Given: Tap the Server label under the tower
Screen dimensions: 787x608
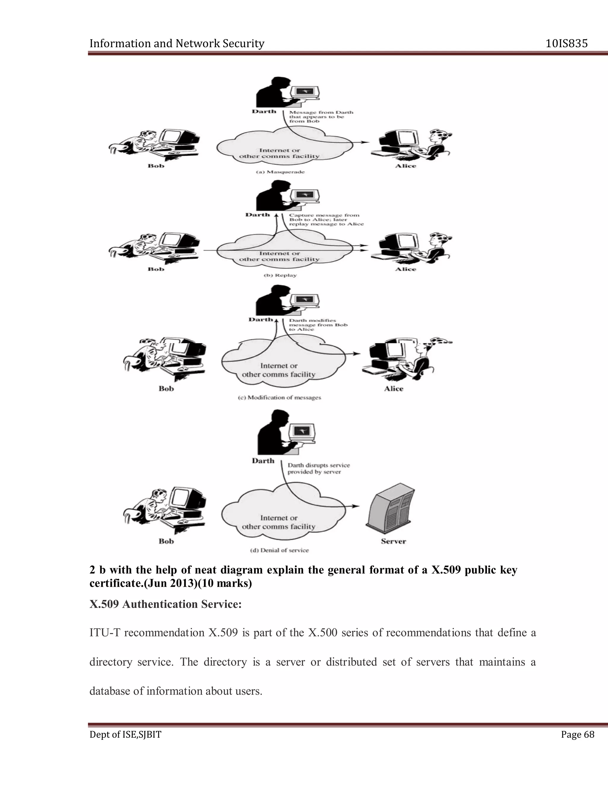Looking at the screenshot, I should (x=393, y=541).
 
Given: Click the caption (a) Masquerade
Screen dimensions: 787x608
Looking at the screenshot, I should (x=280, y=172).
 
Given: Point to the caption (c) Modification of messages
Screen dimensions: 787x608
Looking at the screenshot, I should (x=279, y=397).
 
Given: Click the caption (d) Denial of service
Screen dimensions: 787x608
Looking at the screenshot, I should (x=279, y=550).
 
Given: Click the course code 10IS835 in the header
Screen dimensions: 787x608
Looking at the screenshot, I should (x=566, y=44).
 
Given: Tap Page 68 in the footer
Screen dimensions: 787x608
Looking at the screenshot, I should (x=577, y=734).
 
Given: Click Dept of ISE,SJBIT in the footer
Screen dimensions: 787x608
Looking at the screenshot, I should (x=125, y=734).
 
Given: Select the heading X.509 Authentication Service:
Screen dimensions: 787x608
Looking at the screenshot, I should (x=165, y=604).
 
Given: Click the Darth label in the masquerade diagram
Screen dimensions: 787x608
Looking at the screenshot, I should (x=264, y=111).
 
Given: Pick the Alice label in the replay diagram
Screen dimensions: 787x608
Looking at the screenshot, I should (x=406, y=269).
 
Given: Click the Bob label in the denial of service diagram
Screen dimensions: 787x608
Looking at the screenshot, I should (x=166, y=541).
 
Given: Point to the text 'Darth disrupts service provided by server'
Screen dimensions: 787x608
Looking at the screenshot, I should (x=319, y=468).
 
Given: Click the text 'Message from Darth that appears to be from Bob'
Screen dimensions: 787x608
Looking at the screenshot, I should (x=321, y=117).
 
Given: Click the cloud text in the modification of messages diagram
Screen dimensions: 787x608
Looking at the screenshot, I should (x=278, y=370).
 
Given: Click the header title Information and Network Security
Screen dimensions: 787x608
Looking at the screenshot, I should (x=177, y=44).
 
